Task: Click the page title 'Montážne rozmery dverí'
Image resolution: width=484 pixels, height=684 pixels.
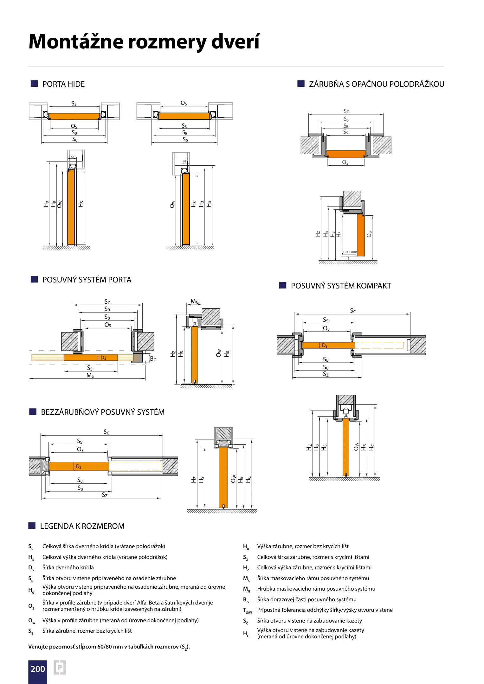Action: coord(144,42)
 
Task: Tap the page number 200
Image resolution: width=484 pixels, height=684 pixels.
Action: coord(38,669)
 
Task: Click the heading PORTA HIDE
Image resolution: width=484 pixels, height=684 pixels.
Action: coord(63,84)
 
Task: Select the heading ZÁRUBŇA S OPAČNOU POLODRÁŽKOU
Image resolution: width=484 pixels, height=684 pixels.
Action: coord(377,84)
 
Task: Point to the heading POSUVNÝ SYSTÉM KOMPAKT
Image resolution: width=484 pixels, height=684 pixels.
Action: coord(341,286)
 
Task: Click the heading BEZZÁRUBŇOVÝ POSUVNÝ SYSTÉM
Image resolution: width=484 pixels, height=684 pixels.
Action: coord(103,412)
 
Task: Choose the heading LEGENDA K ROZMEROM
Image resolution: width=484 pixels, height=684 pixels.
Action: coord(82,526)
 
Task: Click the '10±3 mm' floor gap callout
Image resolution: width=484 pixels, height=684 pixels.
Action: coord(349,252)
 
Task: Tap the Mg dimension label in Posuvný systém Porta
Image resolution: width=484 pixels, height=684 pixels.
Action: coord(195,302)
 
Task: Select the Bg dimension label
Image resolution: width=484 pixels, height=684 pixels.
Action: coord(153,359)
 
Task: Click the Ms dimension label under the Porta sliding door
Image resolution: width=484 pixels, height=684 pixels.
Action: coord(90,376)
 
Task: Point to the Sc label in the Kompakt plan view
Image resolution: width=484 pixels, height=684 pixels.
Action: coord(353,311)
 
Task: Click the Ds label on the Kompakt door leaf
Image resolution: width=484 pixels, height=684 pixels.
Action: coord(325,345)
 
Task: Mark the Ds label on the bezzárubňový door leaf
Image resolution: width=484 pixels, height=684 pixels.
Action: coord(79,466)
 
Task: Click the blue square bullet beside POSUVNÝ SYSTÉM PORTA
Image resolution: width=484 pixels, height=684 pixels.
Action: coord(34,279)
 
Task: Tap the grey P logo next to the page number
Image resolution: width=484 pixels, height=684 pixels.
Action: coord(60,668)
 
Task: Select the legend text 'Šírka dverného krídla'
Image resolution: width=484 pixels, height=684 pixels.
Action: coord(68,567)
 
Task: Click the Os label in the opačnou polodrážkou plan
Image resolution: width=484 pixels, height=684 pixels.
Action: coord(345,162)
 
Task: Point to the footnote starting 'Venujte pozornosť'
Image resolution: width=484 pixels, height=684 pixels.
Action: coord(109,647)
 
